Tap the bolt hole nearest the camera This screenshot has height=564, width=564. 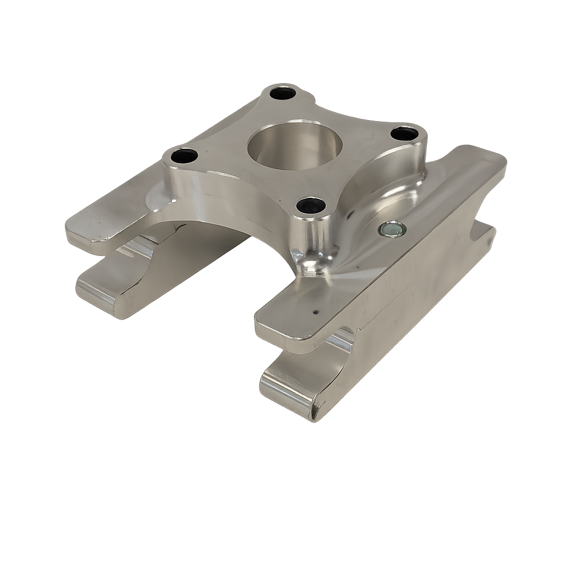click(x=311, y=205)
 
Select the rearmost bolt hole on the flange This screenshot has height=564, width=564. click(x=283, y=93)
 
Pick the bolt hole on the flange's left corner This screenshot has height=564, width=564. click(x=184, y=156)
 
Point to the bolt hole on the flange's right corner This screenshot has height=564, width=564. click(x=404, y=133)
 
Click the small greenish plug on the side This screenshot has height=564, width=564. click(x=392, y=229)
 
